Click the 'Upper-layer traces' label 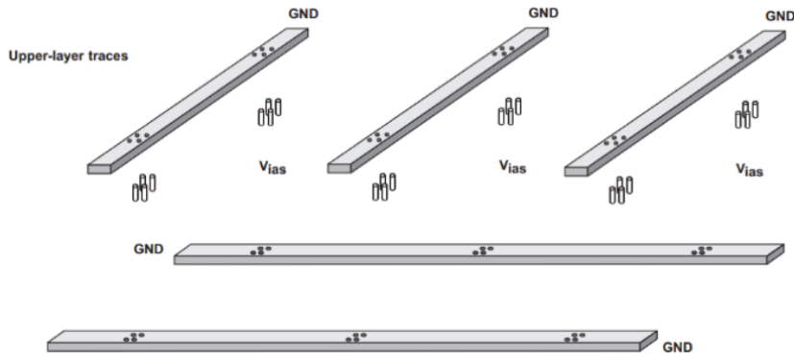click(x=68, y=56)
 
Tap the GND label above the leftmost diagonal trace click(x=303, y=13)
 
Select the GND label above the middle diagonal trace click(x=543, y=13)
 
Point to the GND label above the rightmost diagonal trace click(x=780, y=16)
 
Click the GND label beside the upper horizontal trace click(x=149, y=249)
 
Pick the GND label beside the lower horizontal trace click(x=678, y=348)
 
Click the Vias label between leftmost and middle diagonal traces click(x=273, y=167)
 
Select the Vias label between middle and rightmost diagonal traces click(x=513, y=166)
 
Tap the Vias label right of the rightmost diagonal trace click(x=749, y=169)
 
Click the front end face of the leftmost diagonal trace click(x=99, y=169)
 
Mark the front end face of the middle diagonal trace click(x=339, y=168)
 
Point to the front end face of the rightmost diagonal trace click(x=576, y=171)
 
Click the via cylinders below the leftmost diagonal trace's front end click(x=144, y=188)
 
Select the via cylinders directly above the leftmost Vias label click(x=270, y=112)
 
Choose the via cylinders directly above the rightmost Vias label click(x=746, y=114)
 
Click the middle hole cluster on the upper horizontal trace click(x=483, y=251)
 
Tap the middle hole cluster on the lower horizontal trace click(x=356, y=337)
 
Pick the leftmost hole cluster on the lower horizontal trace click(x=134, y=337)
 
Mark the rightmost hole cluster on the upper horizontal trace click(x=702, y=251)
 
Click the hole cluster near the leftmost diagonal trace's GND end click(x=263, y=52)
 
